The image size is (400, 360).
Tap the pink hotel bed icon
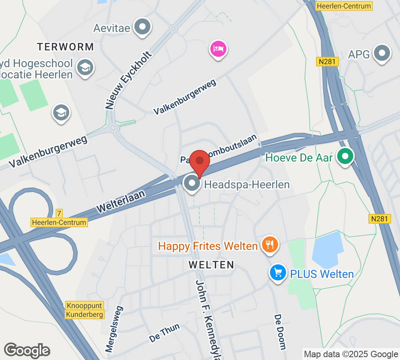pyautogui.click(x=218, y=50)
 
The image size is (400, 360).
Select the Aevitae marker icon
pyautogui.click(x=142, y=27)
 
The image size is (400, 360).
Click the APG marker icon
pyautogui.click(x=382, y=54)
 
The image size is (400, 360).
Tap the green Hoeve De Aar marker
pyautogui.click(x=344, y=157)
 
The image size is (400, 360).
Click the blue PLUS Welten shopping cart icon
pyautogui.click(x=278, y=274)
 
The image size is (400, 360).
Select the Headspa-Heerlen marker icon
pyautogui.click(x=192, y=184)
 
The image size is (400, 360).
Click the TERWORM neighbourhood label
pyautogui.click(x=66, y=47)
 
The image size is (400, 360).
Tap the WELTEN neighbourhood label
pyautogui.click(x=212, y=265)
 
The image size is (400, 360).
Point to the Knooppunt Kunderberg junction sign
pyautogui.click(x=85, y=310)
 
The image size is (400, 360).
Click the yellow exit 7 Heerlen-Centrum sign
pyautogui.click(x=59, y=219)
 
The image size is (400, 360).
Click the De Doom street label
pyautogui.click(x=280, y=332)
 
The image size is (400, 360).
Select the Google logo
pyautogui.click(x=27, y=350)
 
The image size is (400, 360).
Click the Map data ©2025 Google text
pyautogui.click(x=350, y=354)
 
